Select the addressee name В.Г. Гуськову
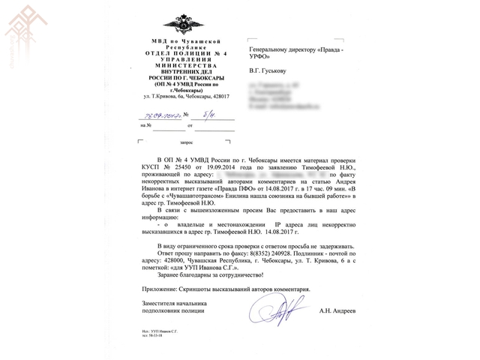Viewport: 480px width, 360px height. tap(268, 73)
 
